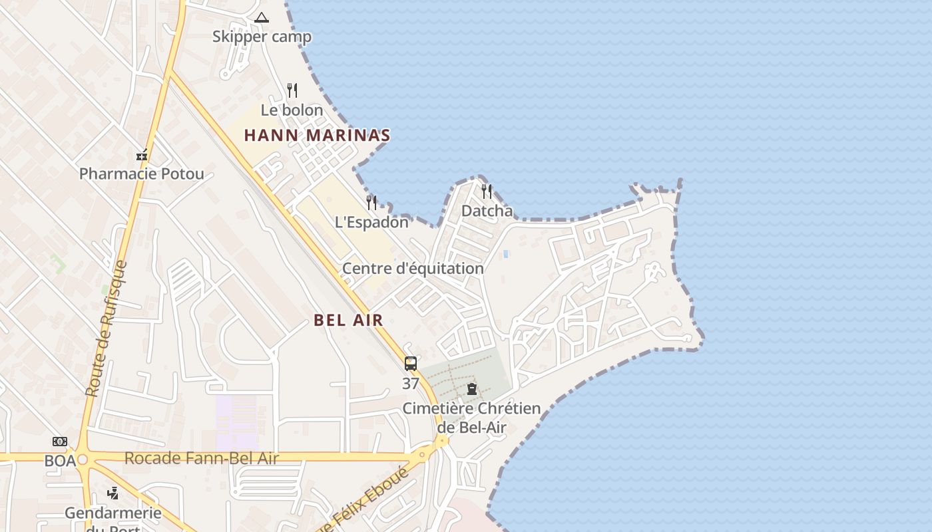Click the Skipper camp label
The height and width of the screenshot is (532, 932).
coord(262,37)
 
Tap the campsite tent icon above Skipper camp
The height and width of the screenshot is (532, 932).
coord(262,17)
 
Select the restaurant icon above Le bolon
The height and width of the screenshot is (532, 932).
coord(292,90)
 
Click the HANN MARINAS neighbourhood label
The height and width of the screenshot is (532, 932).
coord(317,136)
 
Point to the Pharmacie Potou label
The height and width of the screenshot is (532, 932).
coord(142,174)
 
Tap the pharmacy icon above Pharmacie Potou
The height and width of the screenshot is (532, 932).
coord(142,155)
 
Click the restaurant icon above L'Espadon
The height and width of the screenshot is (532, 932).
coord(371,202)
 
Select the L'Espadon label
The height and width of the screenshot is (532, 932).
coord(371,222)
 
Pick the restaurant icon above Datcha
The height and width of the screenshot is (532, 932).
coord(487,192)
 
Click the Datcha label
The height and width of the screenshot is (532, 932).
coord(487,211)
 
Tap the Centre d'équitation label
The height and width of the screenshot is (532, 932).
coord(413,269)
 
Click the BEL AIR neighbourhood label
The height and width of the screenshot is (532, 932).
coord(348,320)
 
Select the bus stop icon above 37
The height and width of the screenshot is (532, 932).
coord(411,364)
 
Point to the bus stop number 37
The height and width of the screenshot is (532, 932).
coord(411,384)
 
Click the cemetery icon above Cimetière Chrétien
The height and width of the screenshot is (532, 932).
coord(472,389)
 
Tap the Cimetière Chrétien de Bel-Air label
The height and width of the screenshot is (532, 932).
coord(471,418)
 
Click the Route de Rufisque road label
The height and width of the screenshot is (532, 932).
coord(106,329)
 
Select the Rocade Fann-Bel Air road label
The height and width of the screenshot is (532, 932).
coord(201,458)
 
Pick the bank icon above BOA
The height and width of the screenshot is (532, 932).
coord(60,442)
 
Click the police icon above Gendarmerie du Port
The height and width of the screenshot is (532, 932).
coord(113,493)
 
